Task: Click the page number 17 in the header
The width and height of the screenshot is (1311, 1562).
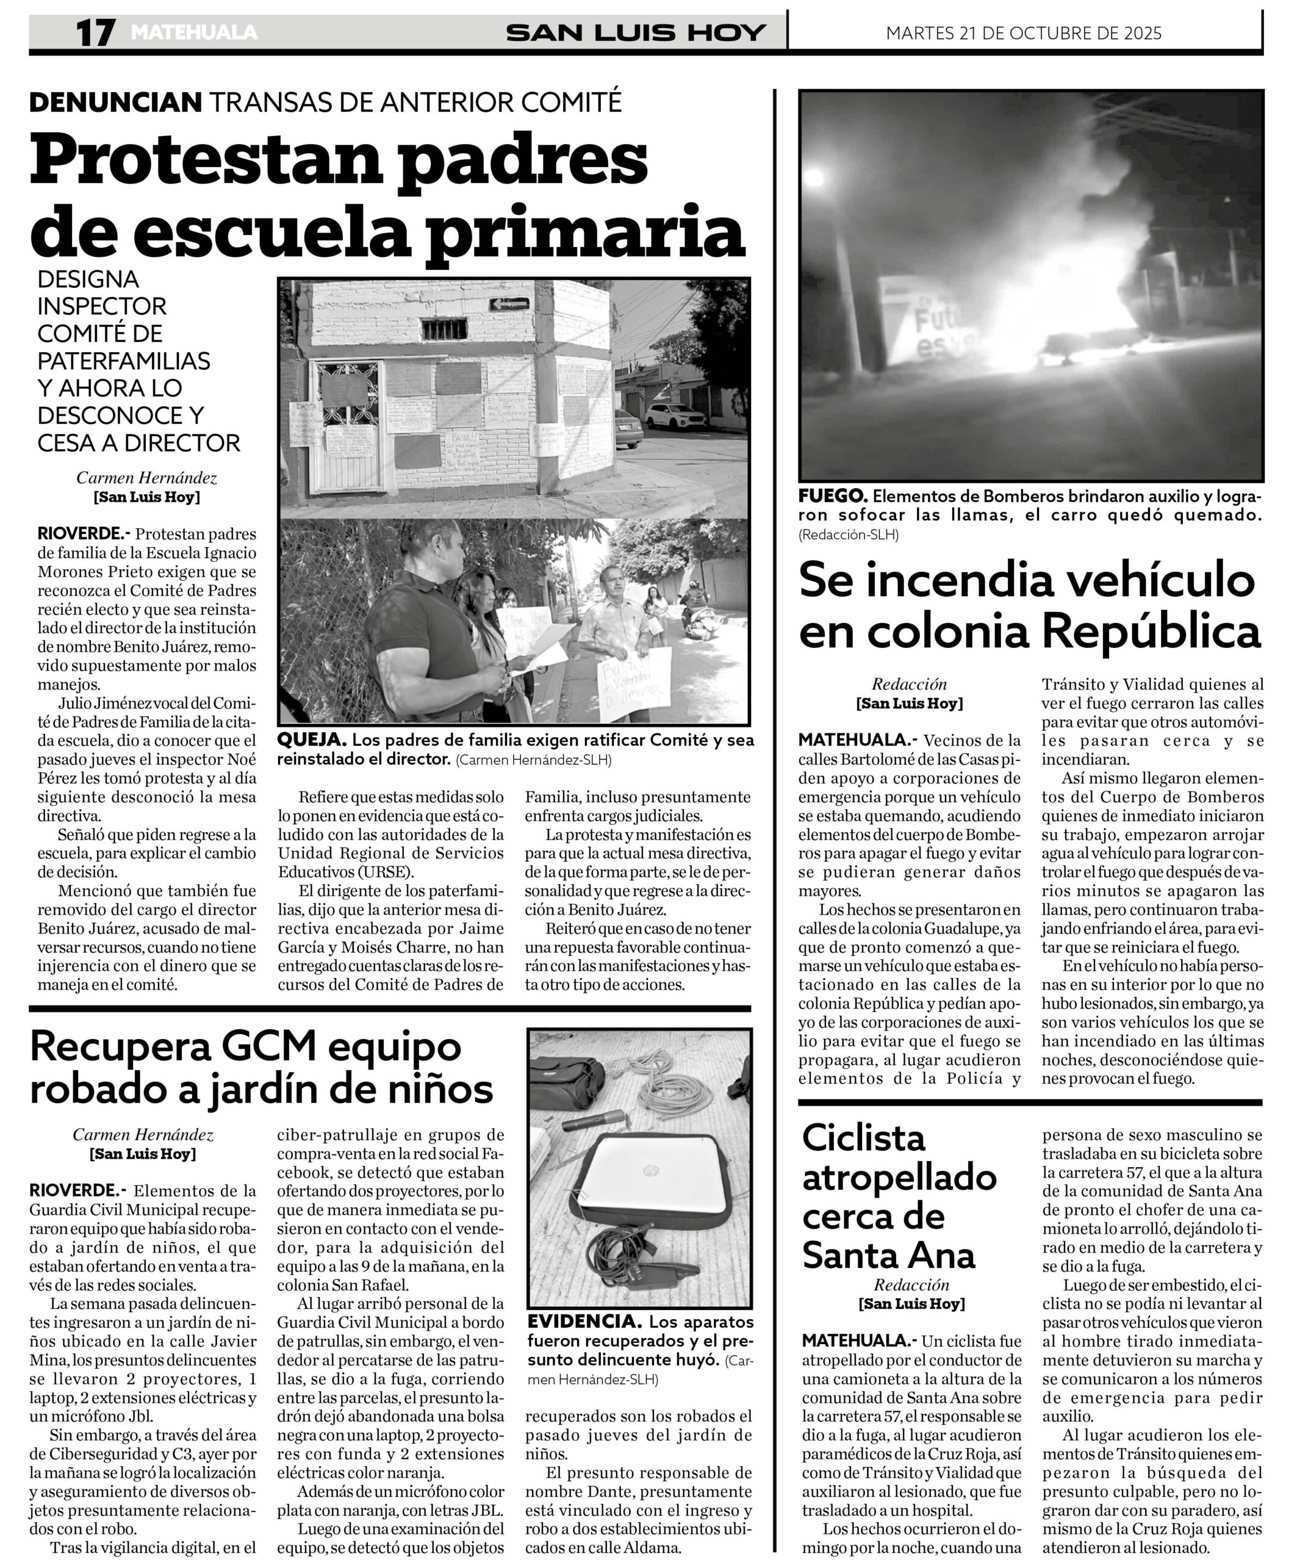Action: pyautogui.click(x=96, y=33)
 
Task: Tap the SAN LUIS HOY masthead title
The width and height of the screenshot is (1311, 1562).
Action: pyautogui.click(x=635, y=33)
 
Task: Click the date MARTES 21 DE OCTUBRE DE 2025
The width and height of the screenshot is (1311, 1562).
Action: pyautogui.click(x=1023, y=33)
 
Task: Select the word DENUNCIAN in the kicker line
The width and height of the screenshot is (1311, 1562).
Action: pyautogui.click(x=115, y=102)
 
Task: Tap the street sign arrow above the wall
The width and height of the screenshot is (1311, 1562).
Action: pyautogui.click(x=509, y=303)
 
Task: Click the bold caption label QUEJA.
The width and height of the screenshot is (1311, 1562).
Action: pyautogui.click(x=312, y=740)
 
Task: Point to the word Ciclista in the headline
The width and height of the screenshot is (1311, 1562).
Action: pyautogui.click(x=864, y=1138)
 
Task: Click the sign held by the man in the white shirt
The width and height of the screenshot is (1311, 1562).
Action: pyautogui.click(x=634, y=682)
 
